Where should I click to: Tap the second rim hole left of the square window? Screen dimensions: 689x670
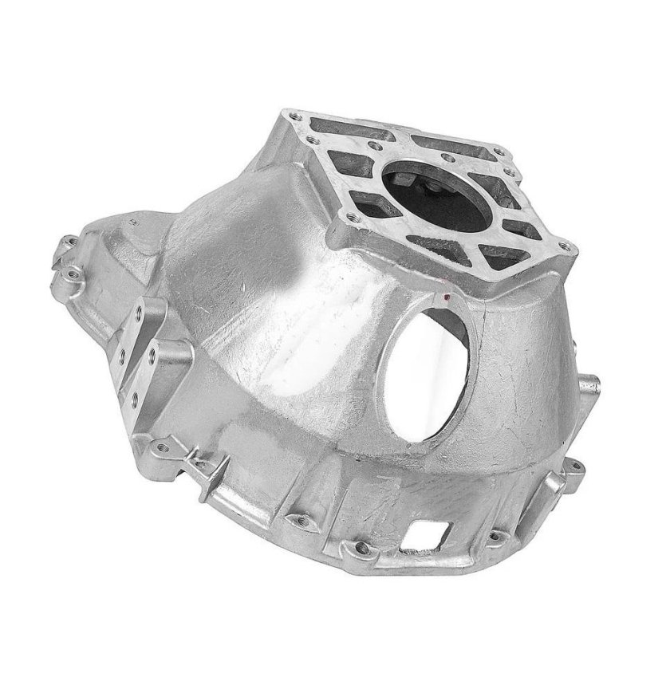(299, 519)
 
